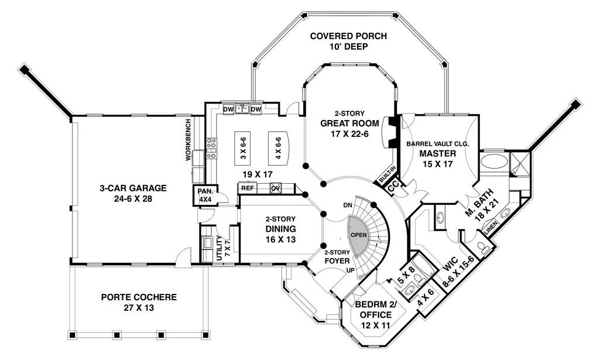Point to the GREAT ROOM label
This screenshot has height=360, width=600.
point(349,123)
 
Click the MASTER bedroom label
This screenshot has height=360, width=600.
point(438,154)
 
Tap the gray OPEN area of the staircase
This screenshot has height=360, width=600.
point(359,235)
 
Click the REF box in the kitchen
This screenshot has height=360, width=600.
point(248,188)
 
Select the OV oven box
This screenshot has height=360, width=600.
point(276,188)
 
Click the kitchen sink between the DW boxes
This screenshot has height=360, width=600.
point(242,109)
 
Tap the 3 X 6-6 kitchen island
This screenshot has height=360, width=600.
point(244,149)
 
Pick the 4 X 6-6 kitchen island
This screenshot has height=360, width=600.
point(278,149)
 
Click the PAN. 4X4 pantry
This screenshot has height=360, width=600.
point(205,196)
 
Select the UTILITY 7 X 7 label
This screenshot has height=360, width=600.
point(222,248)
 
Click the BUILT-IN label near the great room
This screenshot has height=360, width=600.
point(388,174)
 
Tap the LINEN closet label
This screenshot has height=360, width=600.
point(492,228)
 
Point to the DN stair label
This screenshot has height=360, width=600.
point(348,205)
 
